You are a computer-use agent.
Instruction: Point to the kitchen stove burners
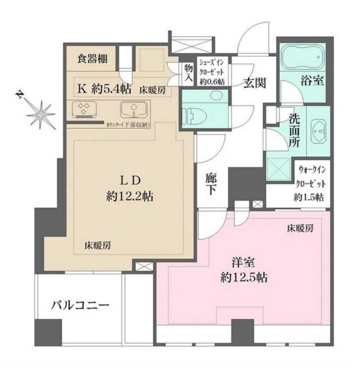pos(85,109)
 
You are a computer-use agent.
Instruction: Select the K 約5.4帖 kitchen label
pos(103,88)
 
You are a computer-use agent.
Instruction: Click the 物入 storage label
pos(188,73)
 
